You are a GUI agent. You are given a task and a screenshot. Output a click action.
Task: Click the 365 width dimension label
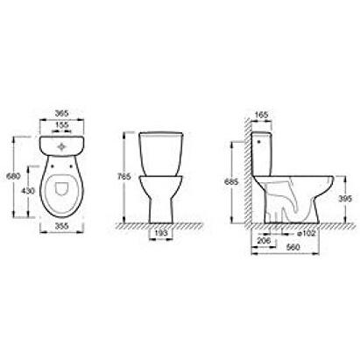click(x=61, y=113)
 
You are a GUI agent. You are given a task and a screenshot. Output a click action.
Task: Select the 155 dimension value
click(x=61, y=124)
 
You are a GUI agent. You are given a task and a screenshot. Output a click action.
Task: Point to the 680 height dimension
click(x=13, y=176)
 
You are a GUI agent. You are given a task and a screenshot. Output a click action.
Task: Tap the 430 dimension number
click(x=28, y=191)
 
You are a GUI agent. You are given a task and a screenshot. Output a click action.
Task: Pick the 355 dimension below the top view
click(x=61, y=226)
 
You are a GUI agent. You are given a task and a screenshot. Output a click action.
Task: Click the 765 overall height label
click(x=124, y=176)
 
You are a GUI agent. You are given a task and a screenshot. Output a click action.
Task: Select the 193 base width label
click(x=161, y=233)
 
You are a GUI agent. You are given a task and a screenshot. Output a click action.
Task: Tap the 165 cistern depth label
click(x=262, y=115)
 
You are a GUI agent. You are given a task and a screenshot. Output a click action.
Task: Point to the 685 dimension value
click(x=231, y=181)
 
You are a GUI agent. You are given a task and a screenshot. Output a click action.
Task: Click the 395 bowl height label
click(x=345, y=199)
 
